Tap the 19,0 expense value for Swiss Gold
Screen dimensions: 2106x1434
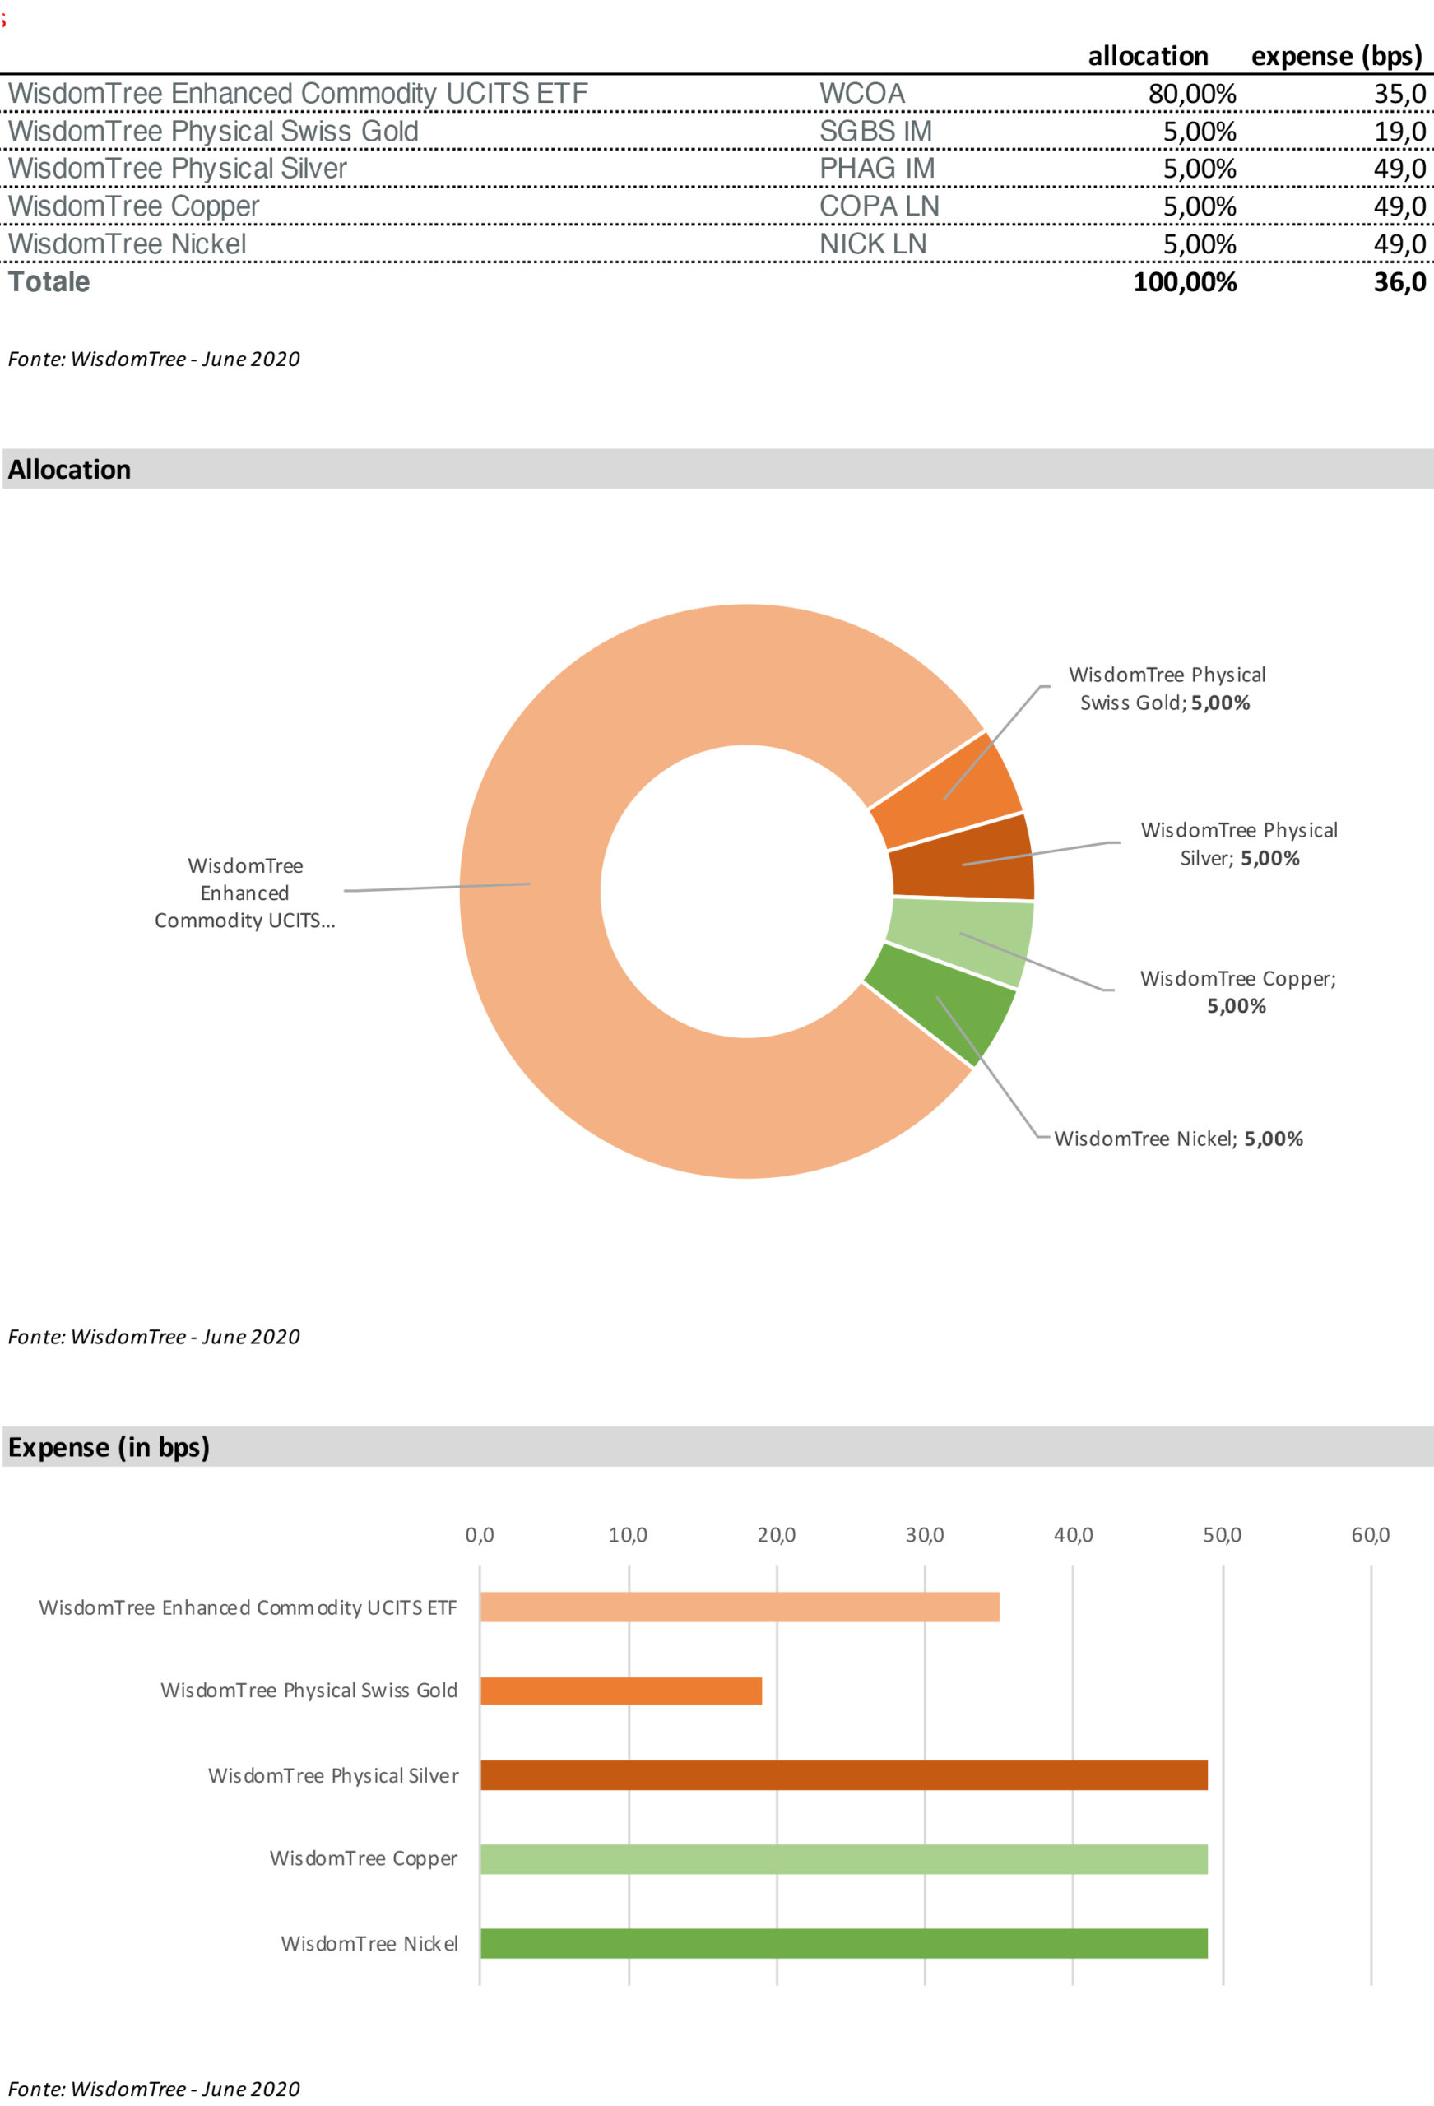pyautogui.click(x=1399, y=132)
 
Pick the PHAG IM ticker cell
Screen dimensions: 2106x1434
pyautogui.click(x=876, y=169)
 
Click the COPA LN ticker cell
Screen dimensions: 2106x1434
pyautogui.click(x=879, y=206)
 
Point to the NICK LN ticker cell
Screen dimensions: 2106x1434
pyautogui.click(x=872, y=244)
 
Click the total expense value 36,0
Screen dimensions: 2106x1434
pyautogui.click(x=1399, y=283)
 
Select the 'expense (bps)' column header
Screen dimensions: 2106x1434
pyautogui.click(x=1336, y=56)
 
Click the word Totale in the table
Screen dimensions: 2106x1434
pyautogui.click(x=49, y=283)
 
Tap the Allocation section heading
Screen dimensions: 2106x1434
pyautogui.click(x=70, y=470)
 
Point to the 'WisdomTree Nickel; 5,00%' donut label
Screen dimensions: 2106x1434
pyautogui.click(x=1177, y=1139)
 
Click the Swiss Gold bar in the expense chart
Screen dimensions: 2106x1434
pyautogui.click(x=621, y=1691)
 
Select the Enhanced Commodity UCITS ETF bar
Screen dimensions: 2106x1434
pyautogui.click(x=739, y=1607)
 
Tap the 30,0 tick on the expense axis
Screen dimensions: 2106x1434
pyautogui.click(x=925, y=1535)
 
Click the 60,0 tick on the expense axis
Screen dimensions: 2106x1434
pyautogui.click(x=1370, y=1535)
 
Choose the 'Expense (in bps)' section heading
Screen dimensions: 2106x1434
pyautogui.click(x=109, y=1447)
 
